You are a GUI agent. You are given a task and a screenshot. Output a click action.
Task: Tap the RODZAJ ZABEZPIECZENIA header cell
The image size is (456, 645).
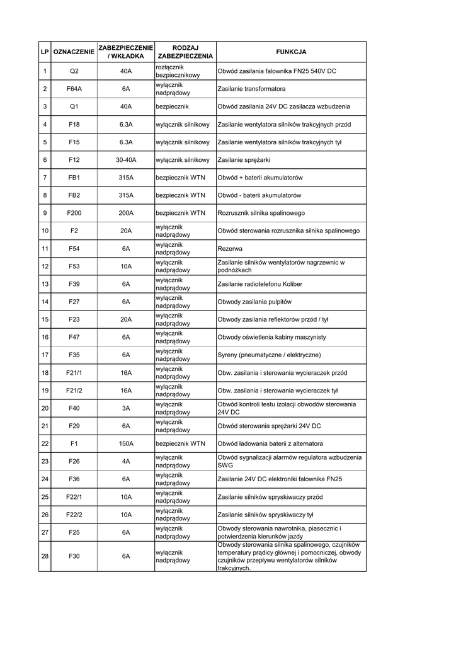tap(185, 52)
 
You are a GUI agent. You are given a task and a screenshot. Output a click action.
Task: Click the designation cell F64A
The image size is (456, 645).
tap(74, 89)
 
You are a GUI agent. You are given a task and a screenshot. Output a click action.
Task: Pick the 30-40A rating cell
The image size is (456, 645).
tap(126, 160)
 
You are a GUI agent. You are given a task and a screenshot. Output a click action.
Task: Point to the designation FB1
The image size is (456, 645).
tap(74, 178)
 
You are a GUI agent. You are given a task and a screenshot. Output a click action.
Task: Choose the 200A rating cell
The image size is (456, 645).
tap(126, 213)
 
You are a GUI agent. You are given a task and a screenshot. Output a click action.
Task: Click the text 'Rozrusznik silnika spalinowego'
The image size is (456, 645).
tap(261, 213)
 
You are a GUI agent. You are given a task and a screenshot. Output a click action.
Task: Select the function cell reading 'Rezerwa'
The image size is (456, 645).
tap(230, 249)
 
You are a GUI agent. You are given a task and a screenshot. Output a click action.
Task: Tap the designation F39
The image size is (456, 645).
tap(74, 284)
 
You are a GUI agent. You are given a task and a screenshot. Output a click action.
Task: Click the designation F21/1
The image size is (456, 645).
tap(74, 373)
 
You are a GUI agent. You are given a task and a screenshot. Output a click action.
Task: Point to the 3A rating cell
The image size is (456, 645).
tap(126, 408)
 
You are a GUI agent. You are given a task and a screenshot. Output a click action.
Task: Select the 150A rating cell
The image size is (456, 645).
tap(126, 443)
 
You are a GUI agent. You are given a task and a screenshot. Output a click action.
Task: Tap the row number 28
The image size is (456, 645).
tap(45, 556)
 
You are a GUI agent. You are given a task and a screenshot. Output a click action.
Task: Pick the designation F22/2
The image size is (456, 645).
tap(74, 515)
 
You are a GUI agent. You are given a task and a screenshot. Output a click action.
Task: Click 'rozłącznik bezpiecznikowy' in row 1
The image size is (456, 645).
tap(178, 71)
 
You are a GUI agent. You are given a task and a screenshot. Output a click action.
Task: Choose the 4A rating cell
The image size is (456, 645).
tap(126, 461)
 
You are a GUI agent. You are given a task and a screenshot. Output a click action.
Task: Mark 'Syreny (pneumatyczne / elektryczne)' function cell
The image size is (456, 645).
tap(269, 355)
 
